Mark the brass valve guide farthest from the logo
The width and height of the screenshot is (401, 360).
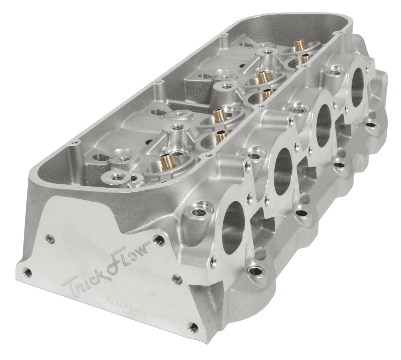(x=297, y=45)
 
